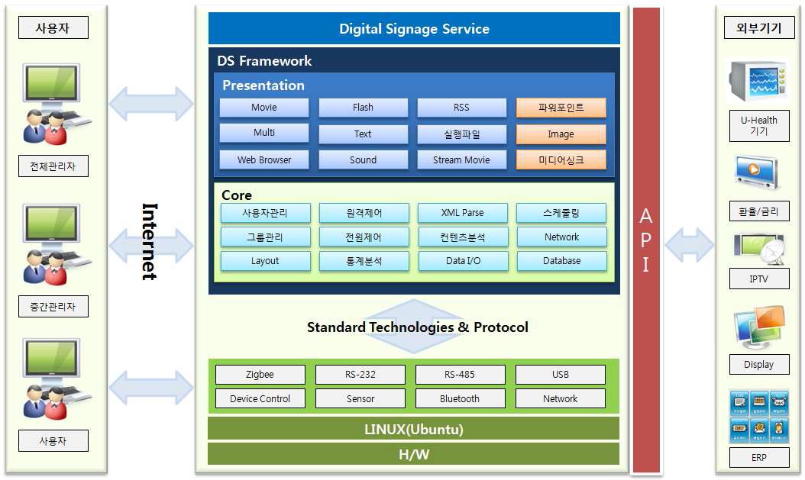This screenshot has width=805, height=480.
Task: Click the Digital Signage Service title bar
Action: point(413,29)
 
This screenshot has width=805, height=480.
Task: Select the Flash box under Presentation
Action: point(363,108)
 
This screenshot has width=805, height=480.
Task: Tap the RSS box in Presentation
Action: point(461,108)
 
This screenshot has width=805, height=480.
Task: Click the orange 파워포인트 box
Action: point(561,108)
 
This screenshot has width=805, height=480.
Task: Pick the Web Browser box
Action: point(263,159)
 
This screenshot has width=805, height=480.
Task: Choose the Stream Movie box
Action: point(461,159)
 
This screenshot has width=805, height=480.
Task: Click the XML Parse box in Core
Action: point(462,213)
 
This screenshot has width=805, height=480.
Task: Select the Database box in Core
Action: point(561,261)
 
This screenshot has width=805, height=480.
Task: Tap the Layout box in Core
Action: point(265,261)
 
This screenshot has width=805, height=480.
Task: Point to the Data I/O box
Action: point(462,261)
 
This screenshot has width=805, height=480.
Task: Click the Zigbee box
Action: point(260,375)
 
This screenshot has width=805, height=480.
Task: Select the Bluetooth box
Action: point(460,398)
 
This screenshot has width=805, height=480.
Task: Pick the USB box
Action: point(560,375)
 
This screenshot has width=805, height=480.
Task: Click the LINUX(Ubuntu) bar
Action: point(413,429)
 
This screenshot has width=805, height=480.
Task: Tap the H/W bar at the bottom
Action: point(413,454)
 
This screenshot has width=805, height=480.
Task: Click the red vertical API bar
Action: point(645,240)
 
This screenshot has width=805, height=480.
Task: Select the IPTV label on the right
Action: point(758,279)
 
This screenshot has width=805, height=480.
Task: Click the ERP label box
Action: point(758,458)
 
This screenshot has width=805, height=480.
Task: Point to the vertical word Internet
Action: point(150,241)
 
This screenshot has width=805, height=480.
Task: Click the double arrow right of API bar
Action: point(689,246)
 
